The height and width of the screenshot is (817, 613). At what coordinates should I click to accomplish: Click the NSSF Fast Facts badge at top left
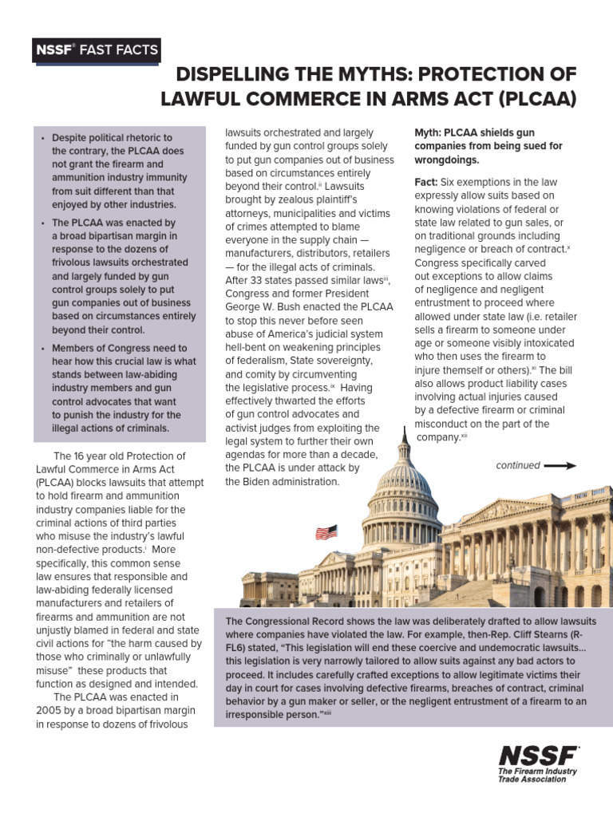(96, 50)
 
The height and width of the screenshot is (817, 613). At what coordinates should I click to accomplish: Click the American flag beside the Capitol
(326, 532)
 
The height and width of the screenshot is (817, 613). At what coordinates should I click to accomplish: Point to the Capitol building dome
(402, 479)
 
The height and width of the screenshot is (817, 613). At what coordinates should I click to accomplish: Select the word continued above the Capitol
(517, 465)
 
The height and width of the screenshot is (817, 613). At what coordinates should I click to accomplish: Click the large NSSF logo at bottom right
(539, 756)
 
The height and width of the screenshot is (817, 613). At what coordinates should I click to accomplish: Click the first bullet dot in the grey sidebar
(42, 138)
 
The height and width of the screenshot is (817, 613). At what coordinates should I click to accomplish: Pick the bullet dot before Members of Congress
(42, 349)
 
